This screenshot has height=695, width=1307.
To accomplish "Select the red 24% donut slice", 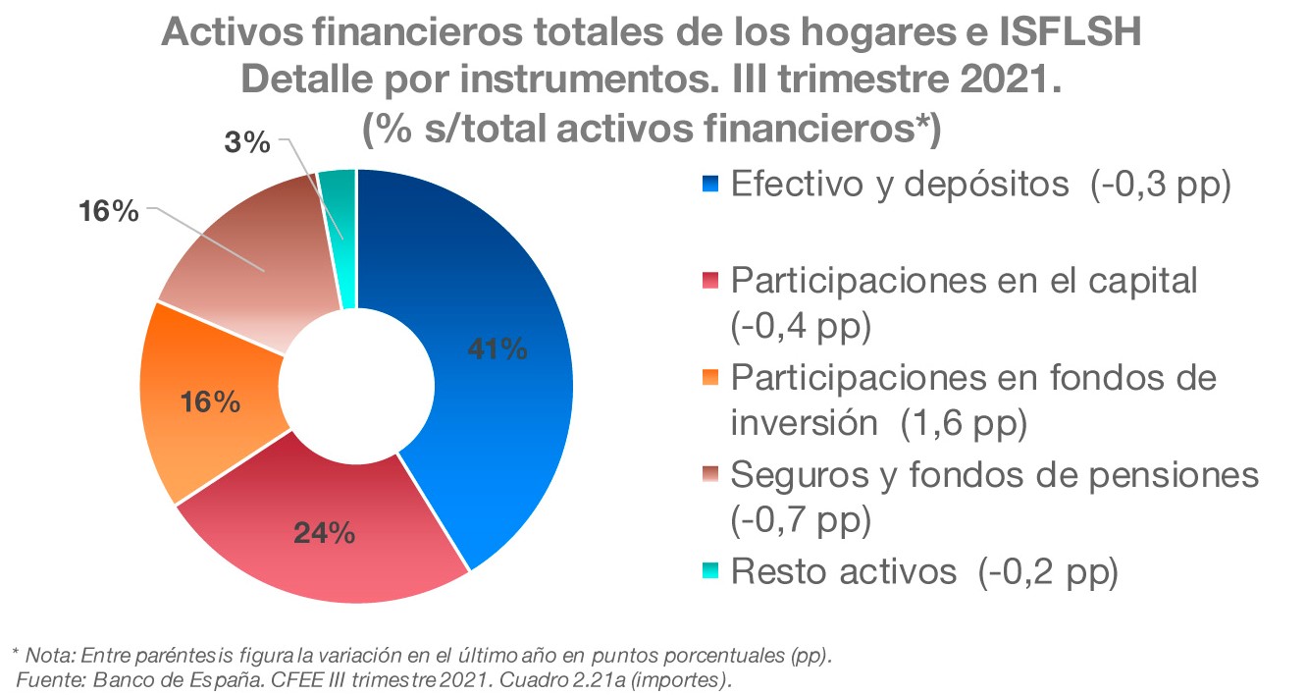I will (x=324, y=550).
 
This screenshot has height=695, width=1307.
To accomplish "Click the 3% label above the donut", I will (x=246, y=143).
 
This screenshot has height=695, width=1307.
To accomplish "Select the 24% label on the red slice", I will (x=324, y=533).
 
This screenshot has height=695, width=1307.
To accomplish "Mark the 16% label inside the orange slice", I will (x=209, y=401).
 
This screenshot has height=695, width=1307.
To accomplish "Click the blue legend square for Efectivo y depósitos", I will (x=712, y=184).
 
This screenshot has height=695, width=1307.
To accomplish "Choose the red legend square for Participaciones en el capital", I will (x=712, y=282).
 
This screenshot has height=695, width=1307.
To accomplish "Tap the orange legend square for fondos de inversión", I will (x=712, y=378).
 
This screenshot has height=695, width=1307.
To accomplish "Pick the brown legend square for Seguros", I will (x=712, y=476).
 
